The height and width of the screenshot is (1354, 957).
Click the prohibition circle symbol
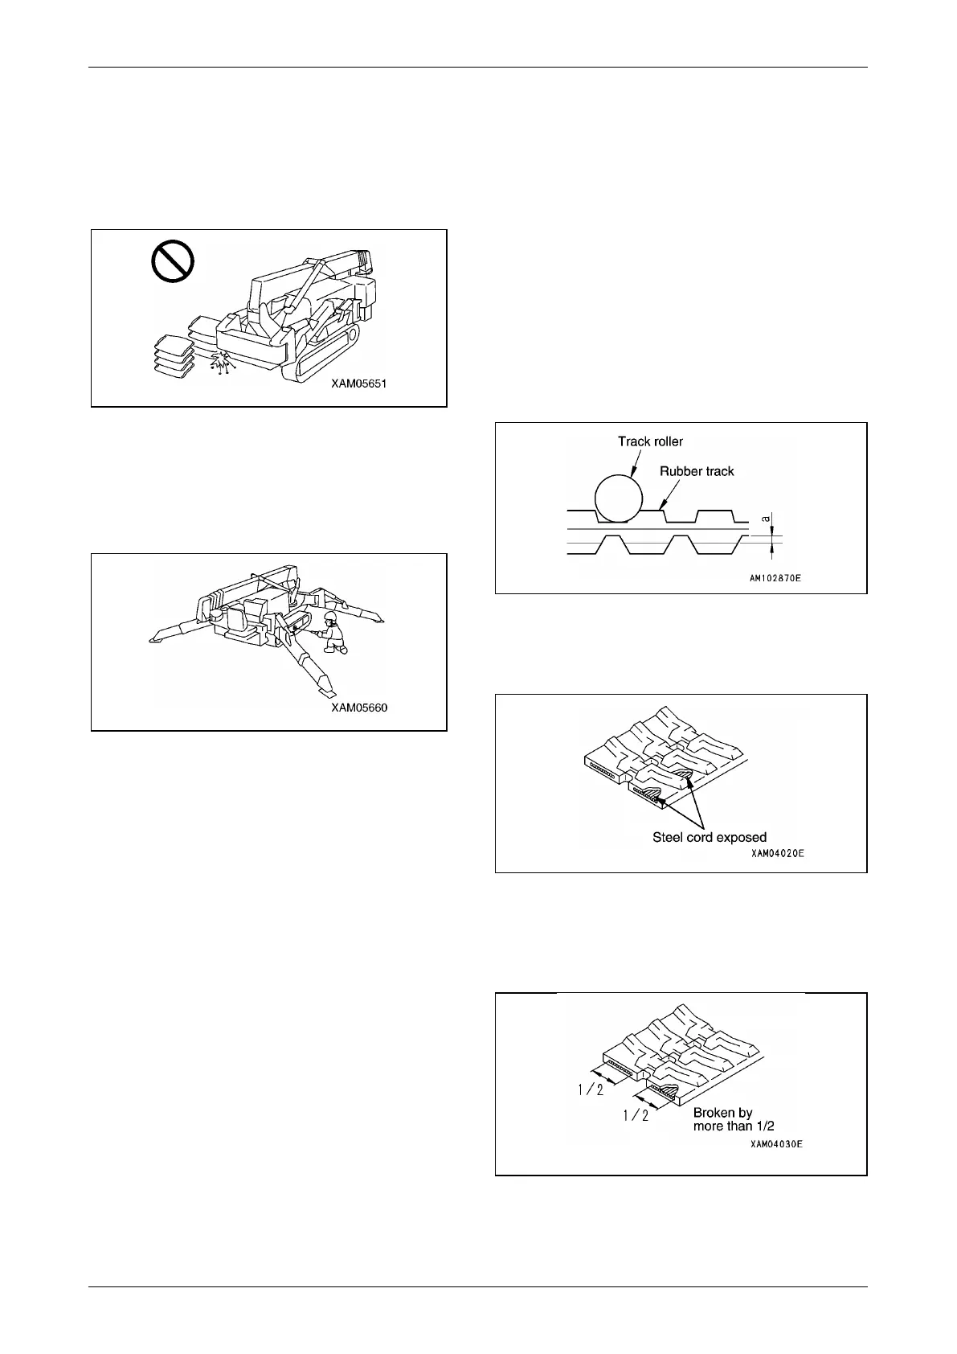coord(174,262)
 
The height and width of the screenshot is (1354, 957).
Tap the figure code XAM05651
coord(359,384)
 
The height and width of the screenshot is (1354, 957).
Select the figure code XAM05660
coord(359,708)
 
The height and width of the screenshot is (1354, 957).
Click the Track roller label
coord(650,441)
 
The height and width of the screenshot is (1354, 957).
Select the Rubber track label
coord(697,471)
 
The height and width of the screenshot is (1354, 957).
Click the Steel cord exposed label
coord(709,837)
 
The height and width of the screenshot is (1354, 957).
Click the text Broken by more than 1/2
coord(733,1119)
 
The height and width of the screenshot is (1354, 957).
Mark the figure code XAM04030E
coord(776,1143)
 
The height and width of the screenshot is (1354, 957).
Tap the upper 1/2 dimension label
coord(591,1091)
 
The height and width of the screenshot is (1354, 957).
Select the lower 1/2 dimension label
coord(635,1116)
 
